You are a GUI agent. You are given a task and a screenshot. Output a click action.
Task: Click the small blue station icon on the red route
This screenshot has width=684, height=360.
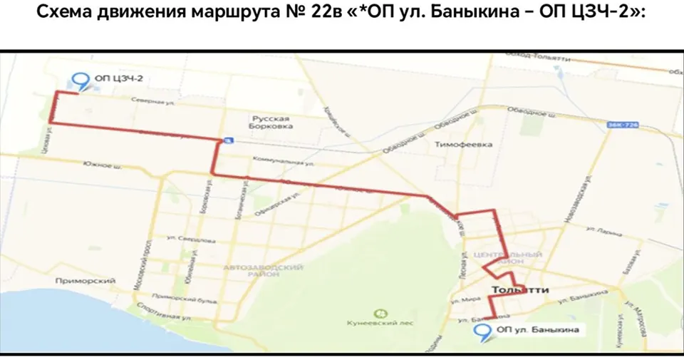pyautogui.click(x=227, y=140)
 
